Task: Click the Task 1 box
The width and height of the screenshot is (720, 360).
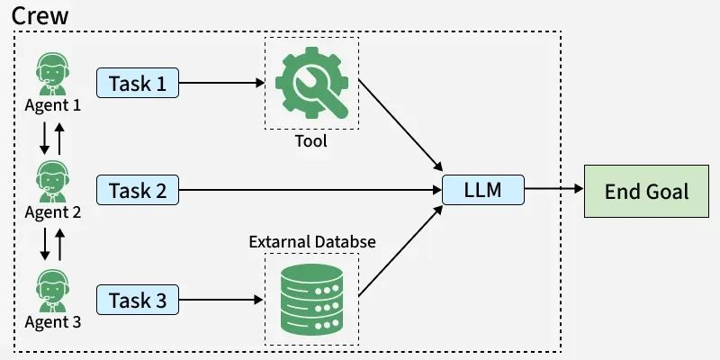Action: tap(138, 83)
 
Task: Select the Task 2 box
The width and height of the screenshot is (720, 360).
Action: tap(138, 190)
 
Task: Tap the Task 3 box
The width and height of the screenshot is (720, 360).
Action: tap(138, 300)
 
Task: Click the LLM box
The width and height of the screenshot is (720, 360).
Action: tap(483, 190)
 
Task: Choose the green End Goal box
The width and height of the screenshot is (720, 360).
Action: tap(646, 191)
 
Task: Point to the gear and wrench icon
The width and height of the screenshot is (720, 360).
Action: tap(311, 83)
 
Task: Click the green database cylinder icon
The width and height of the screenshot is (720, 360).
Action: tap(311, 300)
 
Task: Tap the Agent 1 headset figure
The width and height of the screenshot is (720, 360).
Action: tap(52, 74)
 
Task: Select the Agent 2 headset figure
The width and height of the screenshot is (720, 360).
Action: tap(52, 182)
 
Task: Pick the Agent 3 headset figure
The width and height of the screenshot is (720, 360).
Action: tap(52, 291)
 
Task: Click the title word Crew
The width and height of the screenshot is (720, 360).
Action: tap(40, 15)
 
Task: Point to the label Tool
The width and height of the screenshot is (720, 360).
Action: tap(311, 140)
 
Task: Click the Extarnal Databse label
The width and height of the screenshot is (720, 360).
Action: tap(312, 241)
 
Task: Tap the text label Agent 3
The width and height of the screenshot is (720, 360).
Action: tap(53, 322)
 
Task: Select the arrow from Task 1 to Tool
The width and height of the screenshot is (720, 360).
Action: tap(221, 83)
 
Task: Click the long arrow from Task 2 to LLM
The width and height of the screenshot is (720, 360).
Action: tap(310, 190)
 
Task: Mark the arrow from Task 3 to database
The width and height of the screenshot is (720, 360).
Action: tap(220, 300)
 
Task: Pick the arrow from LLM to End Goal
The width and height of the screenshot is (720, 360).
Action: tap(553, 188)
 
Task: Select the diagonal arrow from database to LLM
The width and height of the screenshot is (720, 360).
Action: tap(400, 250)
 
